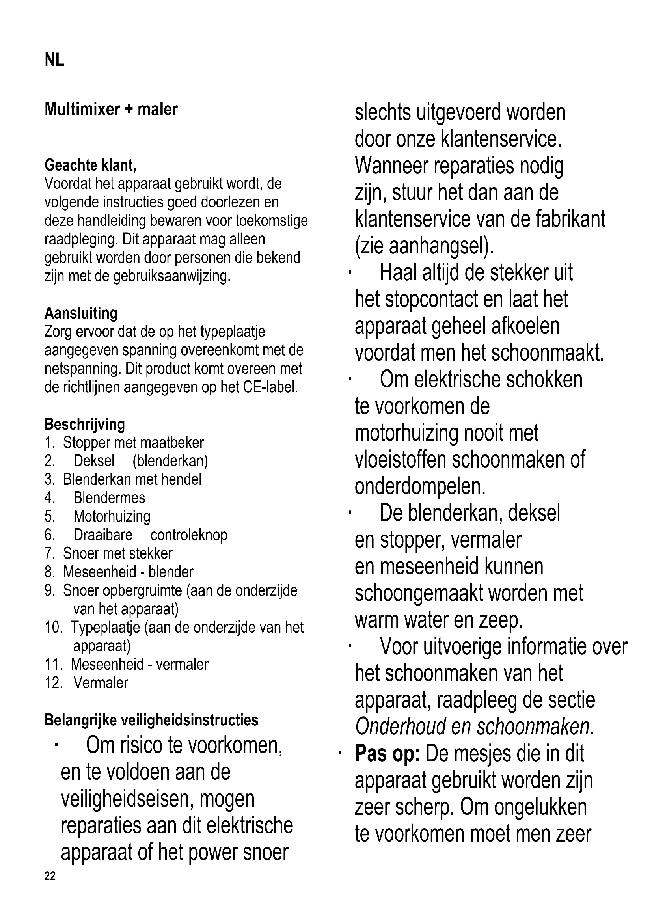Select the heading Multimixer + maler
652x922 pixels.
coord(111,109)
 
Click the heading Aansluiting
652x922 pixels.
coord(81,313)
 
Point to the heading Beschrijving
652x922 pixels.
coord(85,424)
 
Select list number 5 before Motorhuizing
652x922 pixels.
coord(49,516)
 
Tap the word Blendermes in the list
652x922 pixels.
coord(109,498)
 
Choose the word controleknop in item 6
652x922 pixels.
coord(189,535)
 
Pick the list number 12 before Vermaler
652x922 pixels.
coord(53,683)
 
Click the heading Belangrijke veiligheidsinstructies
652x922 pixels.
coord(151,720)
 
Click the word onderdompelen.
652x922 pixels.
coord(420,487)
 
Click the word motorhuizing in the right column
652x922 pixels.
coord(406,433)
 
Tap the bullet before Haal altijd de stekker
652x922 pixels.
coord(350,273)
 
